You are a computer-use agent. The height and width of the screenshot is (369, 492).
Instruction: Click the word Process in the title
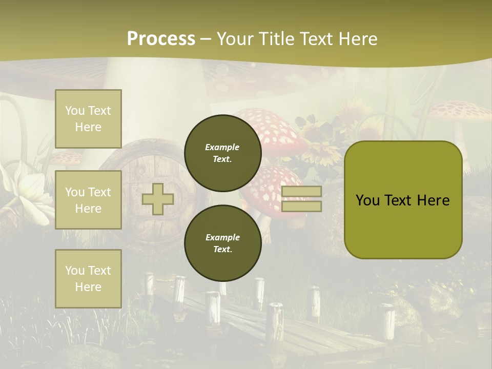161,39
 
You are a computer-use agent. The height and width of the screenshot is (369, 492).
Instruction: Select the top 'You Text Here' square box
88,119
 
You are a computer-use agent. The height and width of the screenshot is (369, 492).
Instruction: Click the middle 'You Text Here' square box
88,200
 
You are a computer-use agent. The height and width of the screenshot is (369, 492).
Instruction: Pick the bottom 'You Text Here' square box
88,279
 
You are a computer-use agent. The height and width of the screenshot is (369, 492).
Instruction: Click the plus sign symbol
157,199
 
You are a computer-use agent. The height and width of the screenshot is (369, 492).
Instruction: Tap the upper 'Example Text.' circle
222,153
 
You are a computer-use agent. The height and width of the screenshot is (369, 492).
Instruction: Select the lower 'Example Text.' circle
222,243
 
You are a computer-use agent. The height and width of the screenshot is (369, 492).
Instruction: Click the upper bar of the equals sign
301,191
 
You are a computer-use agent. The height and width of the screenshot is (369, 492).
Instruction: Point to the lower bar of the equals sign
301,206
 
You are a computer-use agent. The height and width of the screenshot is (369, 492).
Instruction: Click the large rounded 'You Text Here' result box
403,200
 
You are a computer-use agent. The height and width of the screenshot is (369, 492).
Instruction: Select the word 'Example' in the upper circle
222,147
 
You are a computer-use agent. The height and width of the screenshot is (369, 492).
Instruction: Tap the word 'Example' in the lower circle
222,237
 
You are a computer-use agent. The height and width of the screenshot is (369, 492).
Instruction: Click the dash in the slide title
206,39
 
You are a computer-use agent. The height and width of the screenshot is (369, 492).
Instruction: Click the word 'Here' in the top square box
88,127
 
